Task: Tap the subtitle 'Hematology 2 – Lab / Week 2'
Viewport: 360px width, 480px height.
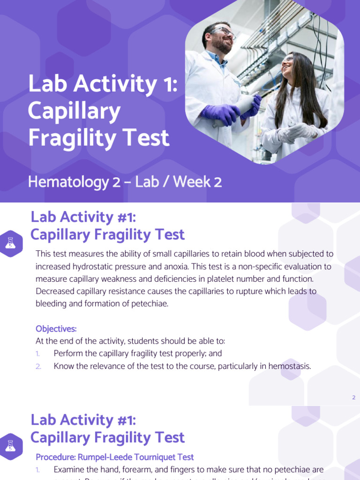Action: click(125, 182)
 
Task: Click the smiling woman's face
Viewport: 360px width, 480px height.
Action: click(289, 66)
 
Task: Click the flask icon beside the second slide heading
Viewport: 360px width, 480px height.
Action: click(11, 243)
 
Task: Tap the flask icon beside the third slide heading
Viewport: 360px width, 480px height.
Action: click(11, 446)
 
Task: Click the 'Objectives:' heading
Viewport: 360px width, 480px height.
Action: click(56, 329)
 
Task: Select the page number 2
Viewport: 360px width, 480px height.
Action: click(354, 397)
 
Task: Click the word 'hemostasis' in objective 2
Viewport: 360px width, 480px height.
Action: click(289, 366)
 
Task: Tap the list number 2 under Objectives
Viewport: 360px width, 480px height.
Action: click(38, 366)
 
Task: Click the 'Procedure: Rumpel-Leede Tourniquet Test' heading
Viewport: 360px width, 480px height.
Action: click(115, 457)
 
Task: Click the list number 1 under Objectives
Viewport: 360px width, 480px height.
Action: click(38, 353)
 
